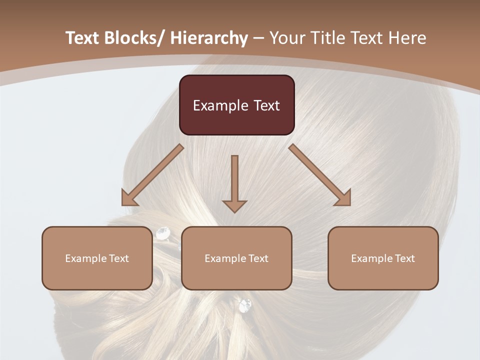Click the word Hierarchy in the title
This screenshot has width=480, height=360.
click(209, 38)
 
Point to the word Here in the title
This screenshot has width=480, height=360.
click(407, 38)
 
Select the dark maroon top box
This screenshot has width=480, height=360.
click(236, 105)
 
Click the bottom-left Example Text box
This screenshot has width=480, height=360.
click(97, 258)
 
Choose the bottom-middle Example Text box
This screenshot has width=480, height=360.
click(236, 258)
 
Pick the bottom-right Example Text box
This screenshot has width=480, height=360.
click(383, 258)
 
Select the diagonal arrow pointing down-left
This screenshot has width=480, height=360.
click(152, 175)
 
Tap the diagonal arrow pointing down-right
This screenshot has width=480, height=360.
click(320, 175)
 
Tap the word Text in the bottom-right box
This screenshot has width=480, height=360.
click(404, 258)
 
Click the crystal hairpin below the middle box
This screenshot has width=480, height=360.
click(245, 305)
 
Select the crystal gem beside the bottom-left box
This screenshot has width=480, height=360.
click(163, 232)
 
